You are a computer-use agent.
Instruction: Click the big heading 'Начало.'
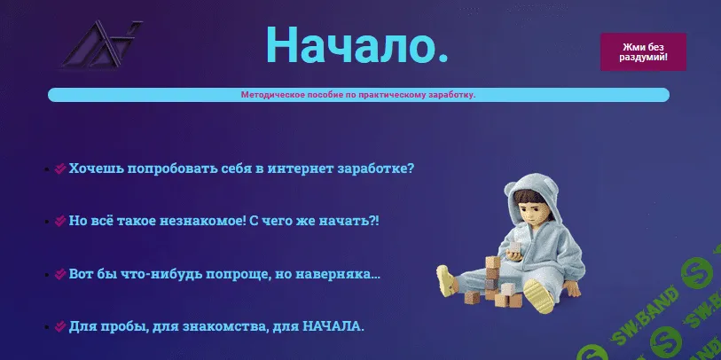(x=357, y=44)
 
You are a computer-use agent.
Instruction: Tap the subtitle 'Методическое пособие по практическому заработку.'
(x=357, y=95)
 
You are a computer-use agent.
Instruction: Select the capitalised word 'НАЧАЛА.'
(x=333, y=326)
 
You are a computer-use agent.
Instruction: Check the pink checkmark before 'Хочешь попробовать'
(x=59, y=168)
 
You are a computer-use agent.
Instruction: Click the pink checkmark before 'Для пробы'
(x=59, y=326)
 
